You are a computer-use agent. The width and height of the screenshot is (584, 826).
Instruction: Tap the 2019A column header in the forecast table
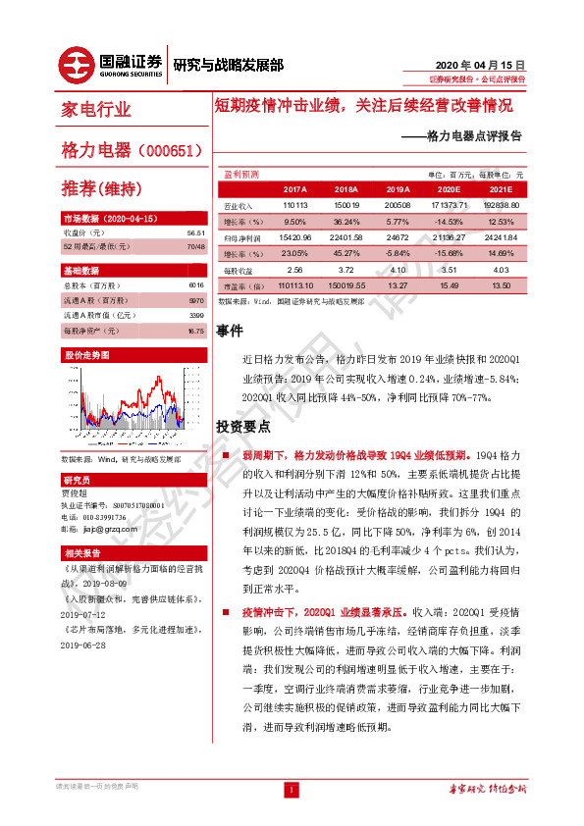click(398, 188)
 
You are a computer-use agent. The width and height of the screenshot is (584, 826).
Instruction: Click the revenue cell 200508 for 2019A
click(398, 206)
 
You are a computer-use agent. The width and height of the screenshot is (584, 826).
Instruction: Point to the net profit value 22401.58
click(346, 237)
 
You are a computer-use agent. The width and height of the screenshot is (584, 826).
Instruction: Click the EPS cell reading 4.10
click(398, 269)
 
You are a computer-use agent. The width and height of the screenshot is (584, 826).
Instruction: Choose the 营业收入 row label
click(240, 206)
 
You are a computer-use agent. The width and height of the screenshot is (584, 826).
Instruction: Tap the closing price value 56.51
click(195, 232)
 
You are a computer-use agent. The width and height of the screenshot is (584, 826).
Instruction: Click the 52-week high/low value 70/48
click(196, 245)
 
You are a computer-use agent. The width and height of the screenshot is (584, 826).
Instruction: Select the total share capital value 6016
click(196, 284)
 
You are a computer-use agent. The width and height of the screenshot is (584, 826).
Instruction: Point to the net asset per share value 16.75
click(195, 332)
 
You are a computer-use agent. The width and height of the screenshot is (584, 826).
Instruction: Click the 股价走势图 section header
click(87, 353)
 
